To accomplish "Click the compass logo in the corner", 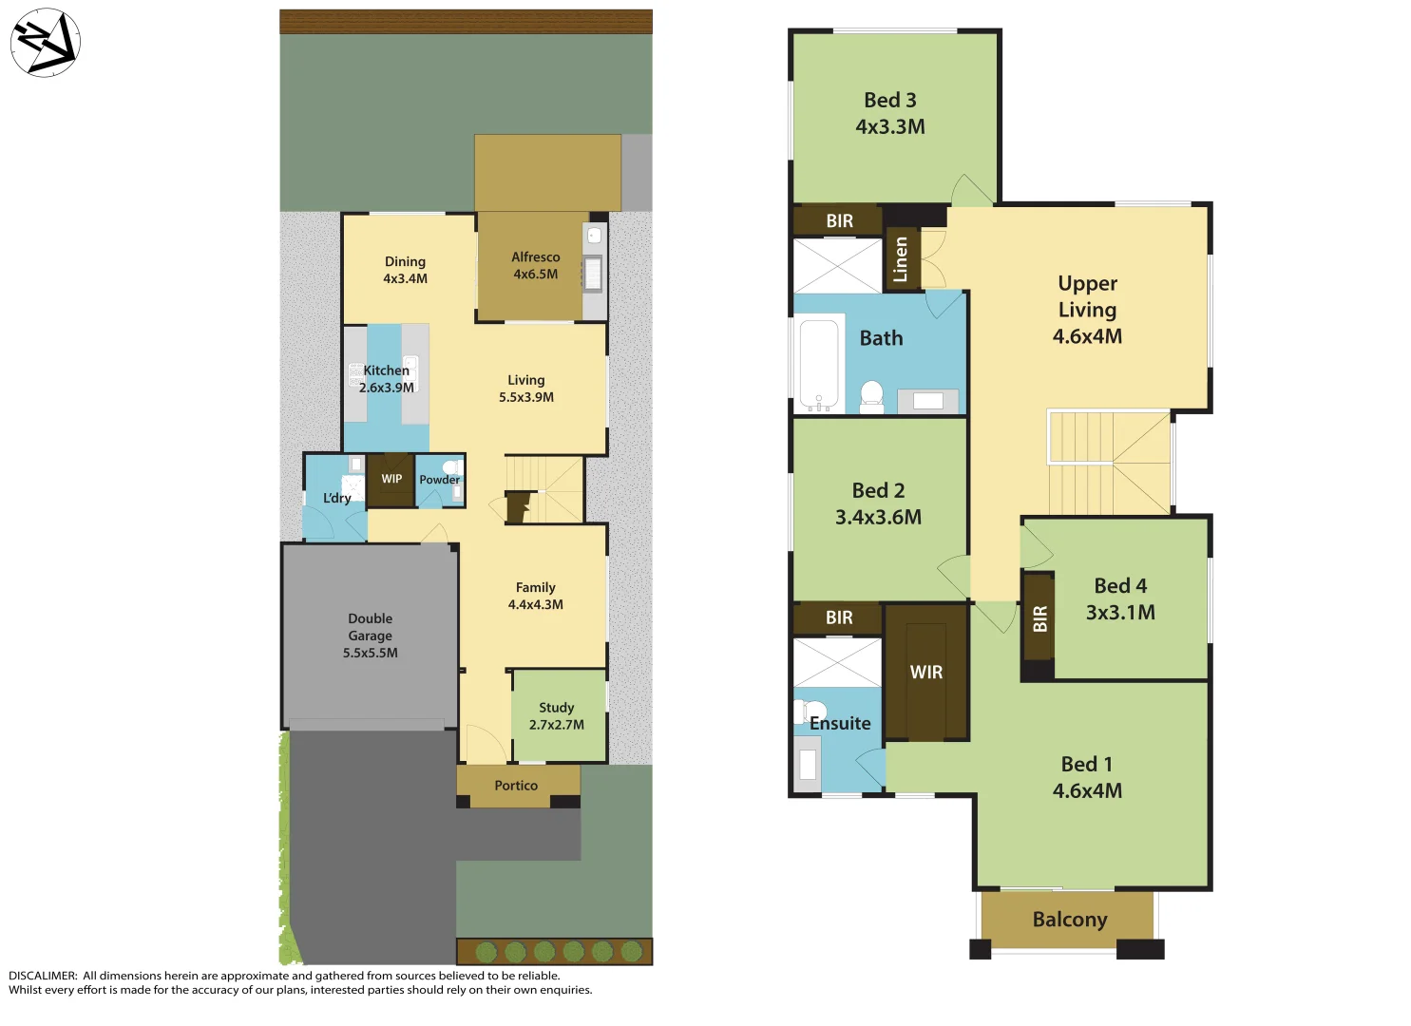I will [x=45, y=43].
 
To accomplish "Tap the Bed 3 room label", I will [x=889, y=101].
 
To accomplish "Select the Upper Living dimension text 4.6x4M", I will [x=1087, y=336].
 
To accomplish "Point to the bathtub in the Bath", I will [x=819, y=364].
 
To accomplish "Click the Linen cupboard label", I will [x=901, y=259].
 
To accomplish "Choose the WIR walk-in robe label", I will [x=925, y=673].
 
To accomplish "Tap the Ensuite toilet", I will [x=811, y=712].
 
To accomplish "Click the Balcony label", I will [x=1070, y=920].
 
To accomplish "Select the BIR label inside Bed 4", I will [x=1039, y=619].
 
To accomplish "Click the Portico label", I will [x=516, y=786].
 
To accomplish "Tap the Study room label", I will [x=556, y=708].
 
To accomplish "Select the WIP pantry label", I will [x=391, y=479].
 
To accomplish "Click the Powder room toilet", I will [x=452, y=467].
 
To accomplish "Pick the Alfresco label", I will [x=535, y=257].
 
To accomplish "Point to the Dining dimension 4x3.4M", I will [x=405, y=279].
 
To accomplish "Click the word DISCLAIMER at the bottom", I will [x=43, y=976].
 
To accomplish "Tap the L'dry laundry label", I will [x=336, y=498].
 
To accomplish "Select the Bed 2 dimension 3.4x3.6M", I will [x=878, y=518].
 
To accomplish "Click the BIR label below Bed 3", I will [x=839, y=221].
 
